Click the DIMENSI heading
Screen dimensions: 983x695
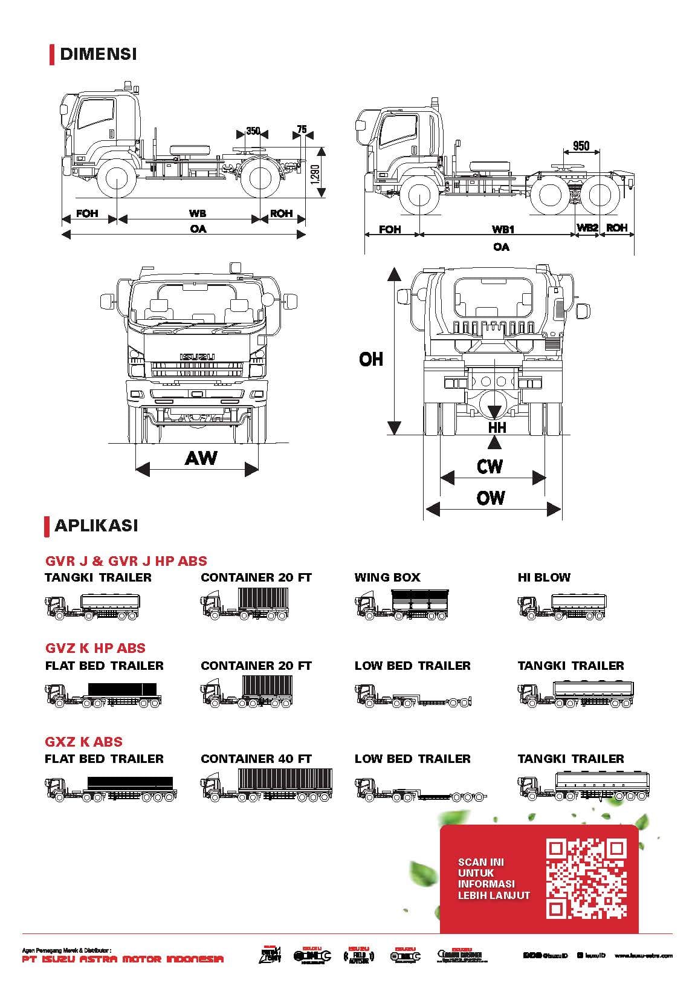point(98,54)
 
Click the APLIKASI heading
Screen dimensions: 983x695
point(96,525)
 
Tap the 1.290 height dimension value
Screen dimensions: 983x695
point(314,174)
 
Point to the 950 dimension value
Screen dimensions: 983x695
point(581,146)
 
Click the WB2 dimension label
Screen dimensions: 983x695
point(587,228)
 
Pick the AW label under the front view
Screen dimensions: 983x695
point(201,458)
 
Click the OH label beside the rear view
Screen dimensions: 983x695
point(371,359)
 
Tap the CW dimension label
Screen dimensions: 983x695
point(490,466)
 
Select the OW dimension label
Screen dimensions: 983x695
point(490,498)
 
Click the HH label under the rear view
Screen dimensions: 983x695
point(497,427)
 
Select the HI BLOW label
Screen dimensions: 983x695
point(544,577)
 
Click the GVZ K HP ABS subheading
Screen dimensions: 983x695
point(95,648)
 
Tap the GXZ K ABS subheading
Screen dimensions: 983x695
point(84,742)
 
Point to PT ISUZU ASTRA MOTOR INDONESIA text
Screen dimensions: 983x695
point(123,959)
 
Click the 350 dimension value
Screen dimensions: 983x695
point(253,131)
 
